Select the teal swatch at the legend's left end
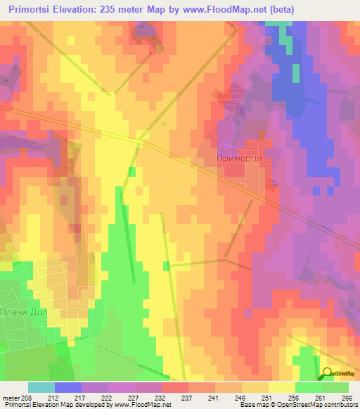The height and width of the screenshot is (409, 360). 41,387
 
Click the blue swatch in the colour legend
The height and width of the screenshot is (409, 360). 68,387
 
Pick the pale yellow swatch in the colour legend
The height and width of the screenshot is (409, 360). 282,387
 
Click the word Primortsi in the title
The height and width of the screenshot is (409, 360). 36,9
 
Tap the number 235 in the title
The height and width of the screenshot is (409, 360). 125,9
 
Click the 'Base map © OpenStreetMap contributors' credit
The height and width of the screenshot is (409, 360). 298,404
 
